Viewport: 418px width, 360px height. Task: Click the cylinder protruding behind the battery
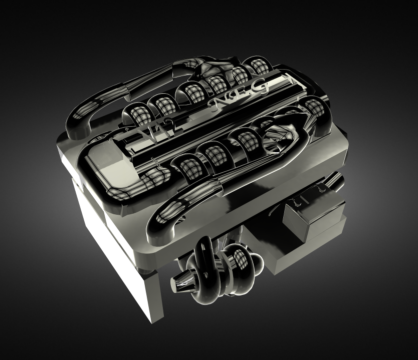coord(334,182)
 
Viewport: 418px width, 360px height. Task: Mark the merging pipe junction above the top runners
coord(211,68)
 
